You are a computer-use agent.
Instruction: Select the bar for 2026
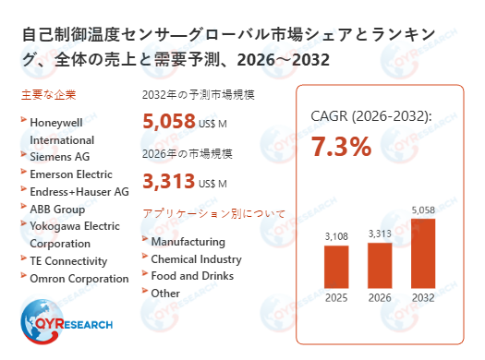(x=380, y=265)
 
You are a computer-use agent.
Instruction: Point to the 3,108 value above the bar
(x=336, y=237)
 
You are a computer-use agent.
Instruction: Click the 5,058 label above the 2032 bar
(x=423, y=209)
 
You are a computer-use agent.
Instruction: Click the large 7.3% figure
(x=341, y=146)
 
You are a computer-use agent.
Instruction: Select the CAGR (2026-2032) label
(x=370, y=116)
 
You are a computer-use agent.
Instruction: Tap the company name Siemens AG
(x=60, y=157)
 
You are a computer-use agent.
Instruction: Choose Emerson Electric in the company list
(x=71, y=174)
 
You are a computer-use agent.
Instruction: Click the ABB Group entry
(x=58, y=209)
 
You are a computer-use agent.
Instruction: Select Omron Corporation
(x=79, y=279)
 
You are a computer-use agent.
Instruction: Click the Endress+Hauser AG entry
(x=79, y=191)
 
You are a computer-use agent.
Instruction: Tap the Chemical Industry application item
(x=196, y=259)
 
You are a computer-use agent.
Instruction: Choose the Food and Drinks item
(x=192, y=276)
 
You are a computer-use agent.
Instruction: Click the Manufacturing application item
(x=188, y=242)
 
